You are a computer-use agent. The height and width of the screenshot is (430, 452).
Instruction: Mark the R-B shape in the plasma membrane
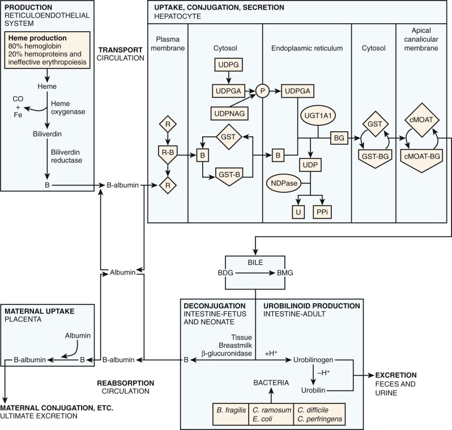pyautogui.click(x=167, y=153)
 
